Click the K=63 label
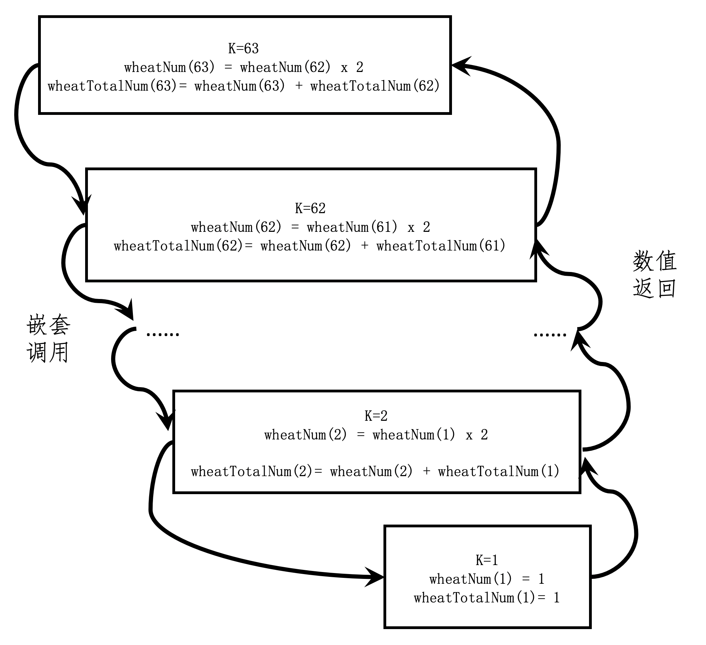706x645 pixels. pos(243,49)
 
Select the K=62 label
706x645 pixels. pos(310,209)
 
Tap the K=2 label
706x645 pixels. pos(376,416)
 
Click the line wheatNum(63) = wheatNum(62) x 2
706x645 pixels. pos(244,67)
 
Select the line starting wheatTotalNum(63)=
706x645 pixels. pos(244,86)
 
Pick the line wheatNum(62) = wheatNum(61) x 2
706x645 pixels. pos(310,228)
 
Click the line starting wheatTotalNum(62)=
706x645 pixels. pos(310,246)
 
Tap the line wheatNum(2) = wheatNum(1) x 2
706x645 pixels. pos(376,435)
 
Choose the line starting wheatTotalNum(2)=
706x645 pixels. pos(375,472)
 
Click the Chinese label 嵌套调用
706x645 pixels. pos(48,339)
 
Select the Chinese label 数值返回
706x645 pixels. pos(654,274)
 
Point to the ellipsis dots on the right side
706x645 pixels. pos(550,335)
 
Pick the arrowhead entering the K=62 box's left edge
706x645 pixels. pos(83,206)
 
